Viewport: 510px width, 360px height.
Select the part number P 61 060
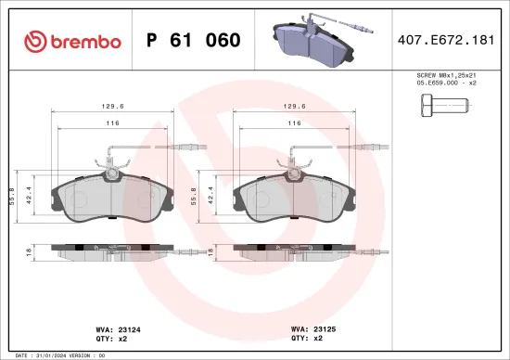pyautogui.click(x=193, y=41)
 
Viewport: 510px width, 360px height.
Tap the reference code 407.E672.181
pyautogui.click(x=446, y=41)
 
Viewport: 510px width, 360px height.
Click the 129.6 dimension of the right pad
pyautogui.click(x=298, y=105)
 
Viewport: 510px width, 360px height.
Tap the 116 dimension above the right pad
pyautogui.click(x=295, y=122)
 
